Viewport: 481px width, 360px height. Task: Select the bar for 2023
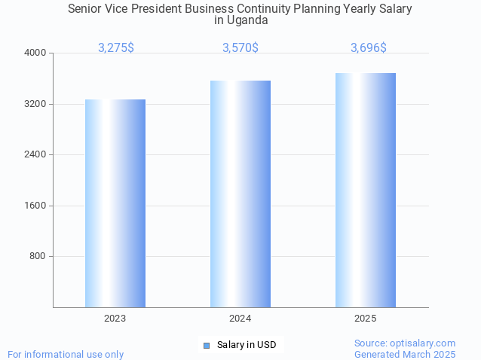coord(115,203)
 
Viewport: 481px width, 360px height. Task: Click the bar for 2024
coord(240,194)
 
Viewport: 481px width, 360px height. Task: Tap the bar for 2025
coord(366,190)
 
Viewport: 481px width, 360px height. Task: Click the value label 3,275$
coord(116,48)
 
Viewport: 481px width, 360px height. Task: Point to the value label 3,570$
coord(240,48)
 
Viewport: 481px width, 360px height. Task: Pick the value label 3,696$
coord(369,48)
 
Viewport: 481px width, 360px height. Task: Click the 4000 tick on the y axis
coord(36,53)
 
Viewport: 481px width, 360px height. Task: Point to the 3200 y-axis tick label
coord(36,104)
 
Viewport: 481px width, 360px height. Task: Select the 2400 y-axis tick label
coord(36,155)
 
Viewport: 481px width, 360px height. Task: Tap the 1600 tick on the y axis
coord(36,206)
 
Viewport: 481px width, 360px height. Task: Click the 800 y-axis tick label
coord(38,257)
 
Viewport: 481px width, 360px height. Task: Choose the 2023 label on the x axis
coord(115,319)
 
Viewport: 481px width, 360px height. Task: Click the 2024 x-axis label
coord(240,319)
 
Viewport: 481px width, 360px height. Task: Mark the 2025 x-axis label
coord(366,319)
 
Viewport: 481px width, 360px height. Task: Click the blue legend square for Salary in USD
coord(206,346)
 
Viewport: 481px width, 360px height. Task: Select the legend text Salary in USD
coord(247,346)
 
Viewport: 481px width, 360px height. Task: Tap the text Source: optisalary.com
coord(405,343)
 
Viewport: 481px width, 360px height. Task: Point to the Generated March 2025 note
coord(405,354)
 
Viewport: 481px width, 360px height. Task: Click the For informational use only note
coord(66,354)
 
